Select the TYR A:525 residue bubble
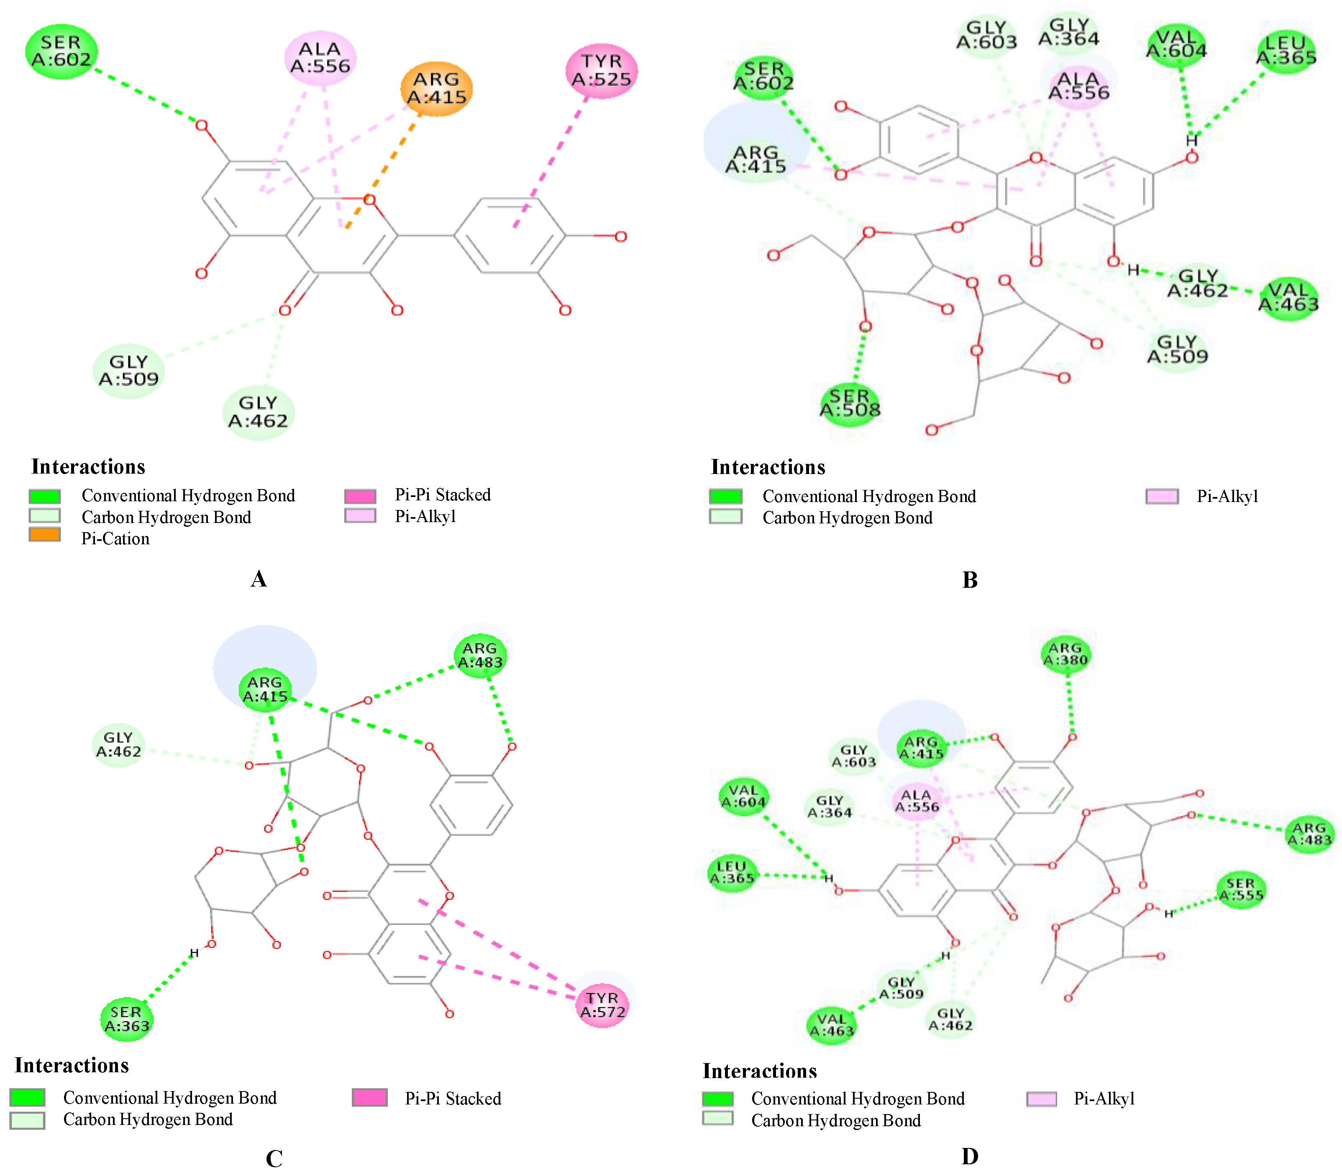pyautogui.click(x=601, y=71)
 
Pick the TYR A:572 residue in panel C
pyautogui.click(x=602, y=1005)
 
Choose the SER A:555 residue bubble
pyautogui.click(x=1240, y=890)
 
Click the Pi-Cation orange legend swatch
pyautogui.click(x=45, y=535)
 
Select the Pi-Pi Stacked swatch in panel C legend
pyautogui.click(x=369, y=1097)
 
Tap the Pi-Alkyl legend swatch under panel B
pyautogui.click(x=1162, y=496)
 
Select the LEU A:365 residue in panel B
pyautogui.click(x=1286, y=51)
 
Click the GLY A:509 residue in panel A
pyautogui.click(x=128, y=371)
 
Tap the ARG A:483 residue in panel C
pyautogui.click(x=480, y=655)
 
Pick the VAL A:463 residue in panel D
pyautogui.click(x=832, y=1025)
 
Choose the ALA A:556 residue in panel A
pyautogui.click(x=320, y=58)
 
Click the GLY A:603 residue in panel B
pyautogui.click(x=986, y=35)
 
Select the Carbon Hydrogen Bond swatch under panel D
pyautogui.click(x=718, y=1118)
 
